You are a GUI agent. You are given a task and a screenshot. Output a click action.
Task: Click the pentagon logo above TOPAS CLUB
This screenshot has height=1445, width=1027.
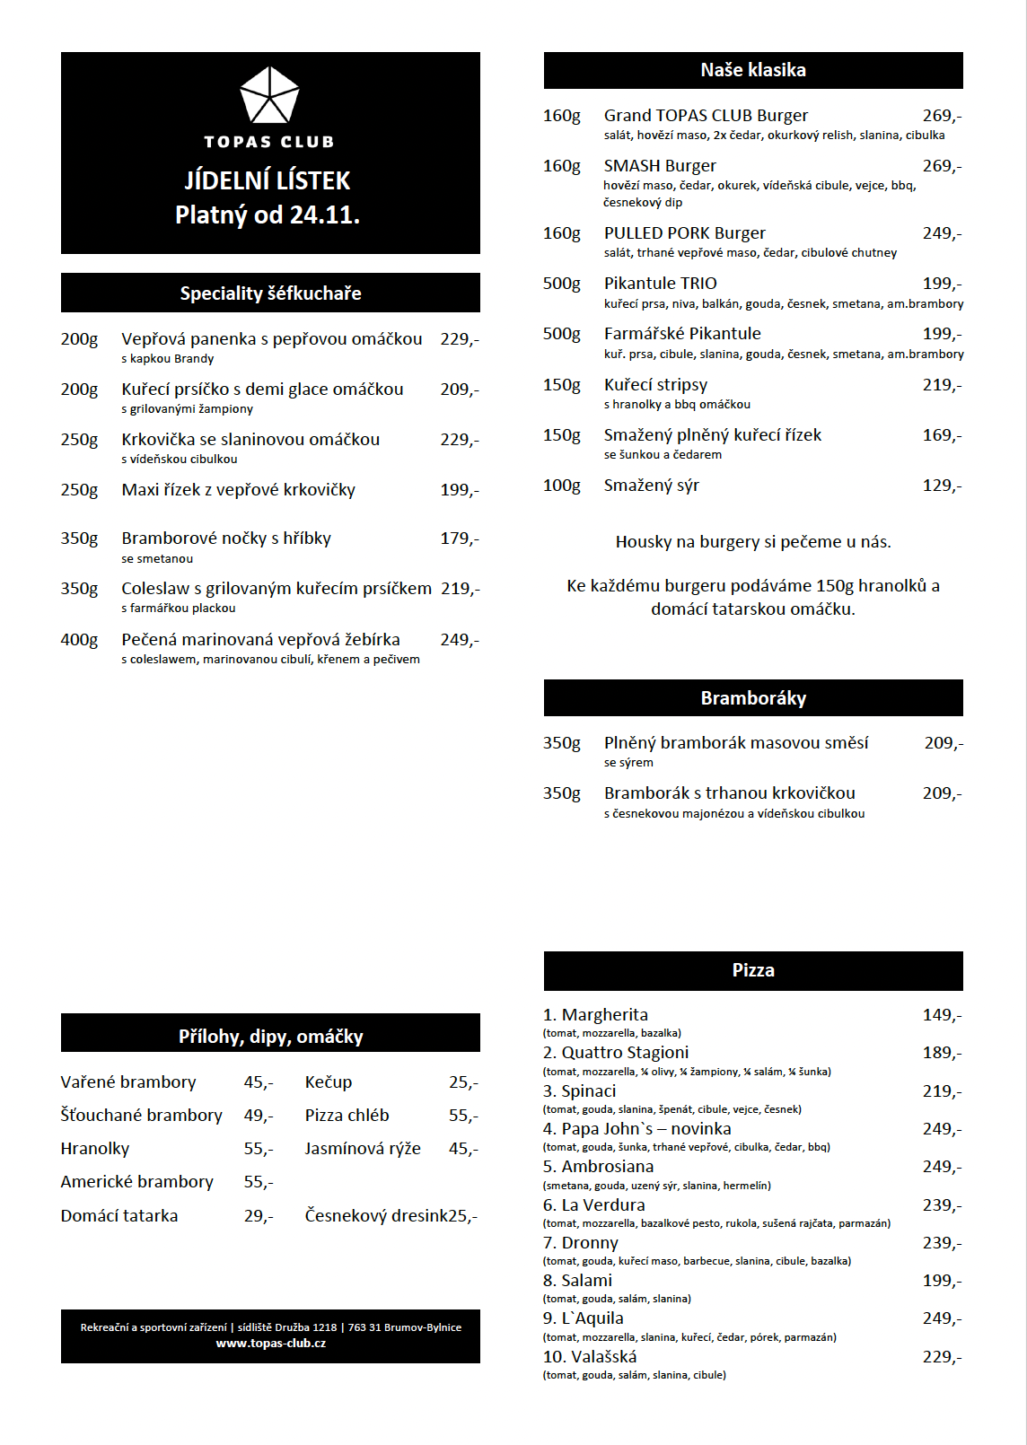269,95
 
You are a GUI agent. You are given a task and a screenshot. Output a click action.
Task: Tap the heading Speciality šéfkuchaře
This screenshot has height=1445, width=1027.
270,293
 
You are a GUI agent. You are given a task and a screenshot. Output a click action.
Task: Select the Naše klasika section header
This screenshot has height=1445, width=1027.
753,70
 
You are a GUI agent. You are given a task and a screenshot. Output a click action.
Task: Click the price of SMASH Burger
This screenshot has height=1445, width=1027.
942,166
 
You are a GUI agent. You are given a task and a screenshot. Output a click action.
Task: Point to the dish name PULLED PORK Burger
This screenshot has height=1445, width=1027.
684,233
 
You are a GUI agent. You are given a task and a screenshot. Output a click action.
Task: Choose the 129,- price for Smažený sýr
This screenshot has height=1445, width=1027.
942,486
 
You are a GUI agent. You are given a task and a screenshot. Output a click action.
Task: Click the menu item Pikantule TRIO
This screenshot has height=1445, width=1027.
660,284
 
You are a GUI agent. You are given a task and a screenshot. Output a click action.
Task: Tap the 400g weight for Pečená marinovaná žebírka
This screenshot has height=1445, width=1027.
79,640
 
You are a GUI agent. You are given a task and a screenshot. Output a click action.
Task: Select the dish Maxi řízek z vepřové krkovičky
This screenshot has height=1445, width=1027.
238,490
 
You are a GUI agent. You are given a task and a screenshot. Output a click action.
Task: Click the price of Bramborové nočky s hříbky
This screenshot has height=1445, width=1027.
460,539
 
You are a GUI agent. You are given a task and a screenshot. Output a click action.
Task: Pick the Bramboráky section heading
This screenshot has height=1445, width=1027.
753,698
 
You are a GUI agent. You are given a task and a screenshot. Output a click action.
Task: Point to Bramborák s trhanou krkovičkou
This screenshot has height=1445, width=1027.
729,793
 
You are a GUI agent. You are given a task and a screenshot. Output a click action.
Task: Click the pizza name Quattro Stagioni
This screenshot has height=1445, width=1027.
625,1053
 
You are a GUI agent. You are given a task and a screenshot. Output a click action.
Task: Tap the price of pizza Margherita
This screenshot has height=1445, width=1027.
942,1015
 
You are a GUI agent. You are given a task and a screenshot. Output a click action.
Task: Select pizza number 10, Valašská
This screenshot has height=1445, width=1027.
590,1357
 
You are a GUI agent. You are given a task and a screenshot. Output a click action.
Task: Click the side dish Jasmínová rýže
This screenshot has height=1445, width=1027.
363,1149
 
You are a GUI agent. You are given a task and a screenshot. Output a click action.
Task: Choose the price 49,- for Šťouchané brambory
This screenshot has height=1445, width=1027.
259,1116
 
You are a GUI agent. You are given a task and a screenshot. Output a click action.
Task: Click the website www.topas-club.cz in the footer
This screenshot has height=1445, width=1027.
270,1344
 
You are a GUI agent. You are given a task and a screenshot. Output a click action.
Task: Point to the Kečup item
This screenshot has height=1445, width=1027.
329,1082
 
